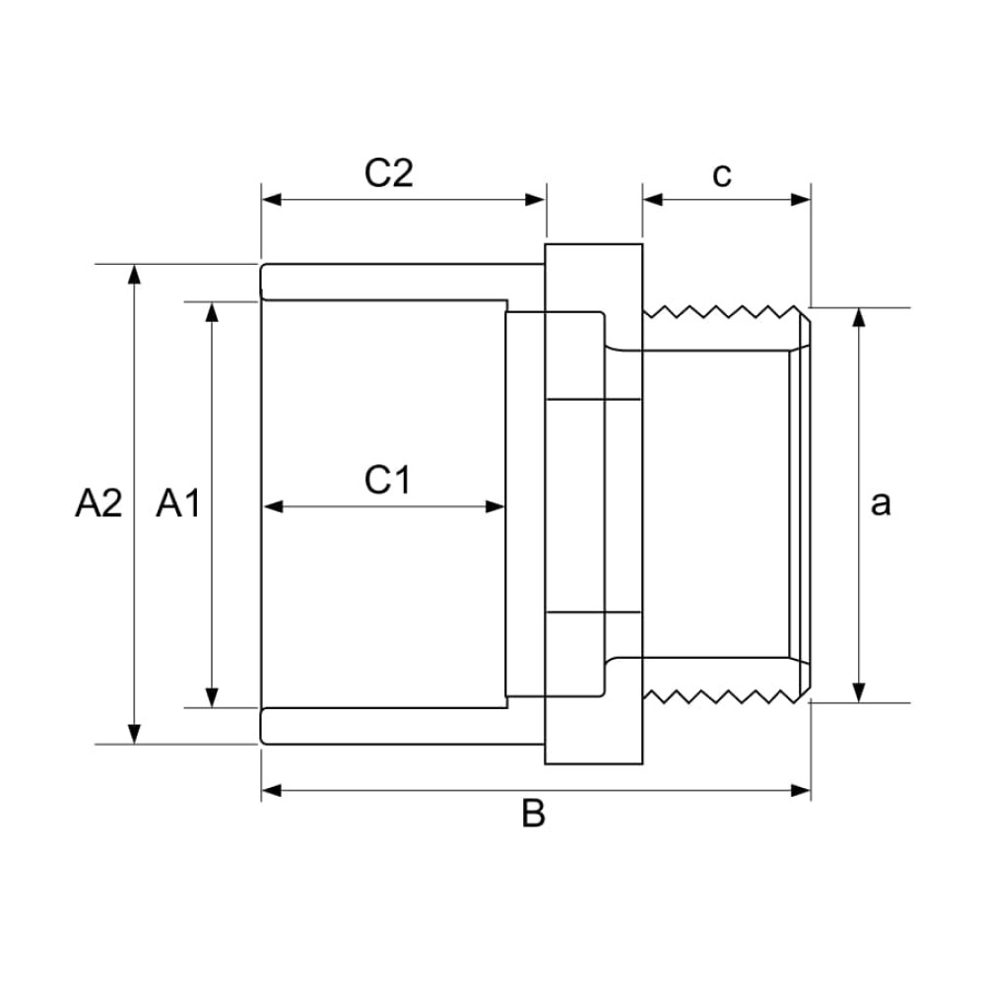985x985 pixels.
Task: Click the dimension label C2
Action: (x=389, y=173)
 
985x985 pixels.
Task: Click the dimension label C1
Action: (x=387, y=481)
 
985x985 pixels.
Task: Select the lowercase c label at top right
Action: (x=722, y=174)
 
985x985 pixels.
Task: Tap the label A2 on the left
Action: (x=98, y=503)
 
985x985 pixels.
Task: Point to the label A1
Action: (x=178, y=503)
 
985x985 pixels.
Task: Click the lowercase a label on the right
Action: (x=881, y=503)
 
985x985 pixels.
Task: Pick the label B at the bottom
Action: (x=533, y=815)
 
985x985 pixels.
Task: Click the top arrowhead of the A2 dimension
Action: (x=135, y=274)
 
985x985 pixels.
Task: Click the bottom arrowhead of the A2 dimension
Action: (x=135, y=734)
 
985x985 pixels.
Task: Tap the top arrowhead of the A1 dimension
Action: (x=211, y=312)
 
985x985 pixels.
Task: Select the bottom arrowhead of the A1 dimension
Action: (x=211, y=696)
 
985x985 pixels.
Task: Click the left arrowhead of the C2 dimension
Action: (x=272, y=199)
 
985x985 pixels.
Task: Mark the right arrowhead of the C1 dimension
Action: (x=495, y=507)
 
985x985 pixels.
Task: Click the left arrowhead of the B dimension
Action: (x=272, y=790)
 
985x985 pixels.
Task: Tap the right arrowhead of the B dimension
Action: (x=801, y=790)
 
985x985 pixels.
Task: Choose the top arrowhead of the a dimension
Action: (x=860, y=318)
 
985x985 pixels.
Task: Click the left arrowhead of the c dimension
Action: (x=653, y=199)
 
